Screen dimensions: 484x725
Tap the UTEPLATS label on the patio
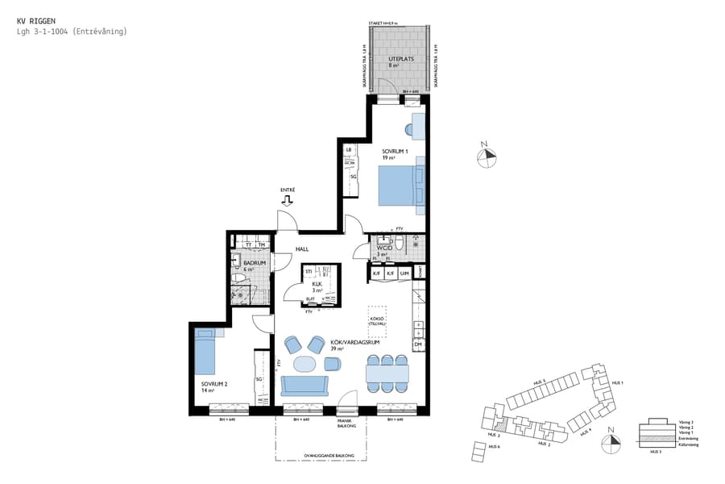tap(400, 60)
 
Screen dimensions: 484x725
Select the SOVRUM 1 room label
tap(396, 151)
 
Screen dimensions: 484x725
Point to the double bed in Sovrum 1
tap(400, 186)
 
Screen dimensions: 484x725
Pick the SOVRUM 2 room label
tap(213, 384)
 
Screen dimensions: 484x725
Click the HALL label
tap(302, 249)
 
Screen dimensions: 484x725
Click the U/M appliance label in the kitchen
tap(404, 274)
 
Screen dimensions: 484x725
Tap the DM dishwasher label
tap(417, 344)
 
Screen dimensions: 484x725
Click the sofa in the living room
tap(304, 386)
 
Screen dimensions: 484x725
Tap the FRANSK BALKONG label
tap(347, 423)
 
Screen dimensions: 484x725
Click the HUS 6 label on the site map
tap(493, 446)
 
